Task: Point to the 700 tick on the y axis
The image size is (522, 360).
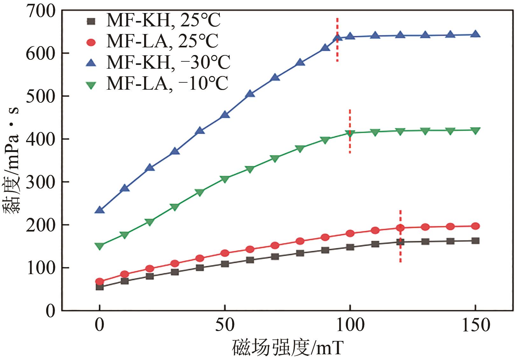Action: tap(41, 11)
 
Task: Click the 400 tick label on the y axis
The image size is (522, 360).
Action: tap(41, 139)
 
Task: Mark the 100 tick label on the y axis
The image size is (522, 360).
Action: tap(41, 268)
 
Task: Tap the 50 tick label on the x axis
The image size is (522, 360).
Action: tap(225, 325)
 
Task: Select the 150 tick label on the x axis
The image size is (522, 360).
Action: tap(475, 325)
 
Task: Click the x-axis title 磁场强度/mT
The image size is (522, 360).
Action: tap(288, 348)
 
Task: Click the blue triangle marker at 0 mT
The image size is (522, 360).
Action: tap(100, 210)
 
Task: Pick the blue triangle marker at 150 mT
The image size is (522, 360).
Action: tap(475, 34)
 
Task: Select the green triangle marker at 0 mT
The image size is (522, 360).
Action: tap(100, 246)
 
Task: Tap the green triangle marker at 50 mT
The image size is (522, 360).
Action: tap(225, 179)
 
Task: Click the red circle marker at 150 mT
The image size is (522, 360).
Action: tap(475, 226)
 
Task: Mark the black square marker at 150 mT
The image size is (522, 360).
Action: tap(475, 241)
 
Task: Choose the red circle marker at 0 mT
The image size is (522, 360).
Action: tap(100, 281)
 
